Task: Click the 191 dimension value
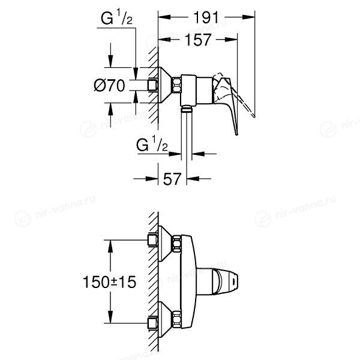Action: point(206,17)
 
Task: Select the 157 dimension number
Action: point(197,40)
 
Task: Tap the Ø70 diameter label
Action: point(109,85)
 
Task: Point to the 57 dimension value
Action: point(172,179)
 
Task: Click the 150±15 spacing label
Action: point(109,282)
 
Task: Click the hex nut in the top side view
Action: point(176,85)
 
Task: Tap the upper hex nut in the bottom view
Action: point(176,244)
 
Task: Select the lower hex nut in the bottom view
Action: point(176,319)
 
